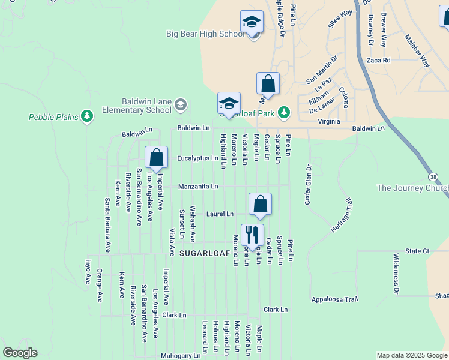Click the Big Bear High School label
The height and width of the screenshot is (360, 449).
click(205, 34)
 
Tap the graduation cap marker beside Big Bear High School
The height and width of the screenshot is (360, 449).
click(252, 23)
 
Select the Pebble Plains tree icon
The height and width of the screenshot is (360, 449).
click(87, 115)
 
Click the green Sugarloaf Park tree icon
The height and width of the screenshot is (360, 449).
click(284, 112)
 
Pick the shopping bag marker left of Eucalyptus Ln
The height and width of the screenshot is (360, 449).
click(156, 159)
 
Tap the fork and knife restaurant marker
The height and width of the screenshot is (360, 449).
click(252, 236)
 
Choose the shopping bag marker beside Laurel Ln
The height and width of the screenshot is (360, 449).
click(260, 205)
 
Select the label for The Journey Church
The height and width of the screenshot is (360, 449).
click(412, 188)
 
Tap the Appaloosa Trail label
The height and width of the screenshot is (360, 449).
click(334, 299)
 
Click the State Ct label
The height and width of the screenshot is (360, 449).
click(417, 251)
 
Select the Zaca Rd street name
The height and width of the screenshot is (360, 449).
click(378, 60)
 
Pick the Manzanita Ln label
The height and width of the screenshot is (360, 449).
click(197, 187)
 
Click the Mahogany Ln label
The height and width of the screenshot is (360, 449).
click(181, 356)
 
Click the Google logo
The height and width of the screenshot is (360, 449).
click(20, 353)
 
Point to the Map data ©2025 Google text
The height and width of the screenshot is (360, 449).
click(411, 355)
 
